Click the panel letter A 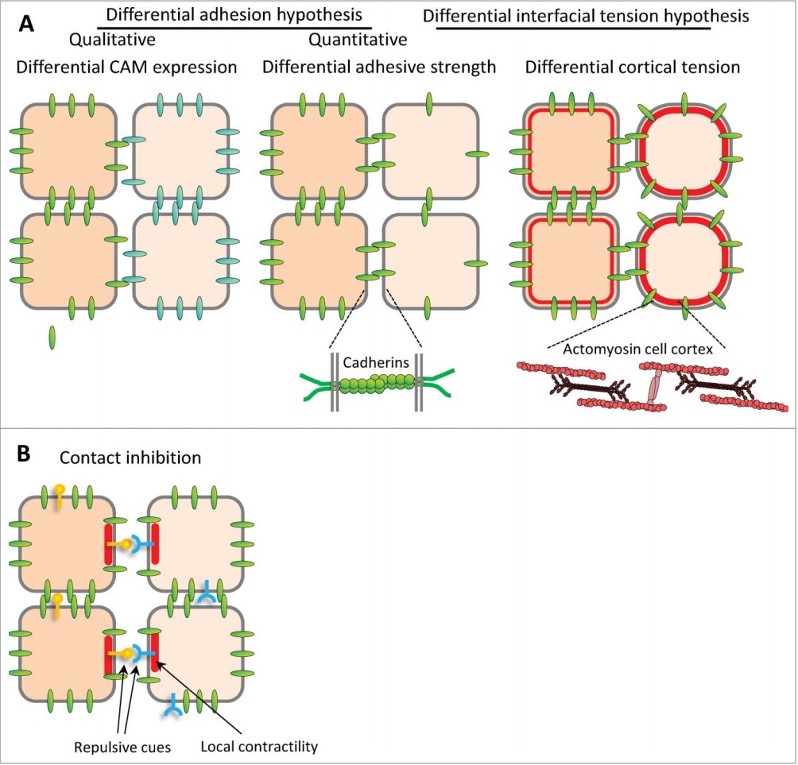click(x=26, y=24)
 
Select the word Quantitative click(x=358, y=40)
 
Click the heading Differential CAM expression click(x=126, y=68)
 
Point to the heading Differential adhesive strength click(x=379, y=68)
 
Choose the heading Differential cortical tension click(x=633, y=68)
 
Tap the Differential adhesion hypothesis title click(x=234, y=15)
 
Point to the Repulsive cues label click(x=114, y=748)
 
